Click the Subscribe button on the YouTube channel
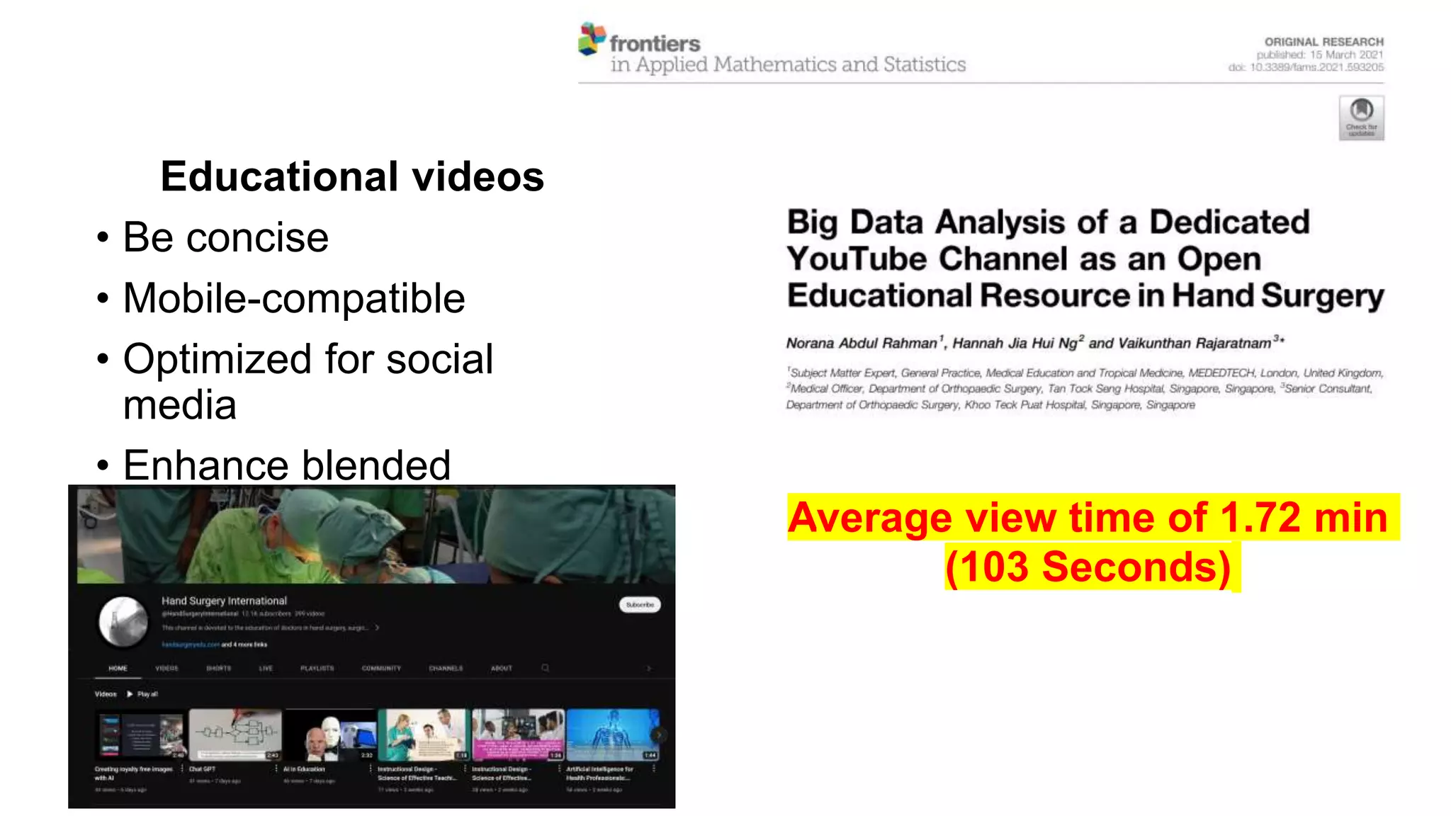640,604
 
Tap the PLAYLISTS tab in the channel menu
317,668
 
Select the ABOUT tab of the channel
501,668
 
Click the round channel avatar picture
123,622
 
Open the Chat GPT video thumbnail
235,735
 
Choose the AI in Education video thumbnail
329,735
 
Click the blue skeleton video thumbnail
612,735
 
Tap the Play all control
143,694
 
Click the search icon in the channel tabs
545,668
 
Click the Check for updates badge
1361,118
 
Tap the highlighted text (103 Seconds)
1088,567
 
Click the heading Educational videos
352,176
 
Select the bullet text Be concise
225,237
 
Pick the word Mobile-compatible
294,298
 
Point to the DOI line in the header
1306,67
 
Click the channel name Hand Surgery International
224,601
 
